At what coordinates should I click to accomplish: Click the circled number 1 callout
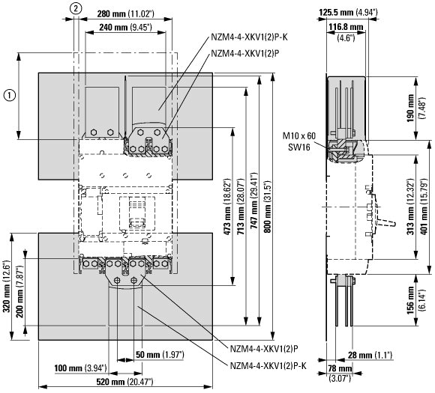pyautogui.click(x=10, y=95)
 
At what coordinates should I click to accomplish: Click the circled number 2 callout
pyautogui.click(x=76, y=8)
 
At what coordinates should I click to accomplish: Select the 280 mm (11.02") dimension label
pyautogui.click(x=125, y=13)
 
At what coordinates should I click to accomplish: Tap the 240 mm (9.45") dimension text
pyautogui.click(x=125, y=27)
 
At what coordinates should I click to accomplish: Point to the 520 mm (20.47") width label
pyautogui.click(x=124, y=382)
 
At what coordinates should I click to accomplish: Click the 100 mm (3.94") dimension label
pyautogui.click(x=80, y=368)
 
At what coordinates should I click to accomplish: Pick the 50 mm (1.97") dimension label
pyautogui.click(x=160, y=355)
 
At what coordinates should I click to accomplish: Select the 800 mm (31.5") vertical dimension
pyautogui.click(x=268, y=207)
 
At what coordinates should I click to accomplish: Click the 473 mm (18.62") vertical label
pyautogui.click(x=228, y=207)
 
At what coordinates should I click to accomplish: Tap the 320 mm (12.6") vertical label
pyautogui.click(x=7, y=286)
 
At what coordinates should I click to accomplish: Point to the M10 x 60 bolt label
pyautogui.click(x=299, y=135)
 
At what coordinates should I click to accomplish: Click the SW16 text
pyautogui.click(x=298, y=147)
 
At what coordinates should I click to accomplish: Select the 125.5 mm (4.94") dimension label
pyautogui.click(x=348, y=12)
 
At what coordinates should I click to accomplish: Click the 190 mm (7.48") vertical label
pyautogui.click(x=415, y=108)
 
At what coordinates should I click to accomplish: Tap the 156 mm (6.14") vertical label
pyautogui.click(x=415, y=300)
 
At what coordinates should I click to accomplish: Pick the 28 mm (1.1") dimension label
pyautogui.click(x=370, y=355)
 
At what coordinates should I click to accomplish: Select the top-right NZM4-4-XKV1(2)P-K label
pyautogui.click(x=250, y=37)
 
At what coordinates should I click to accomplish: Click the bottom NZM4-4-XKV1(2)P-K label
pyautogui.click(x=268, y=365)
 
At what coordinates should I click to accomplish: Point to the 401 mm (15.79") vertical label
pyautogui.click(x=424, y=207)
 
